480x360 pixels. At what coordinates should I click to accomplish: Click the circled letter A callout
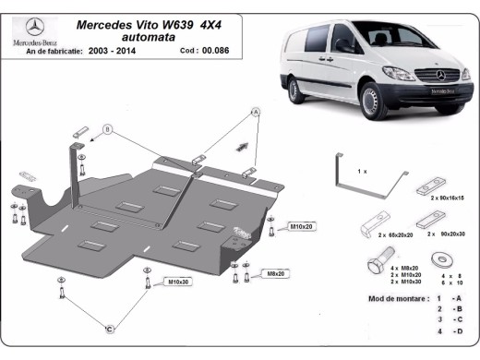tap(256, 112)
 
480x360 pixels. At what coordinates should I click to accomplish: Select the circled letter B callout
tap(106, 130)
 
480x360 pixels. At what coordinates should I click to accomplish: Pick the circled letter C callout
tap(109, 329)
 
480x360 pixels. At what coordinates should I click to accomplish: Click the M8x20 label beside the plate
tap(277, 273)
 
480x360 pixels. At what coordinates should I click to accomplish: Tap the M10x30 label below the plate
tap(178, 282)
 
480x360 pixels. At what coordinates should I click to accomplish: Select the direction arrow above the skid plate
tap(244, 145)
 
